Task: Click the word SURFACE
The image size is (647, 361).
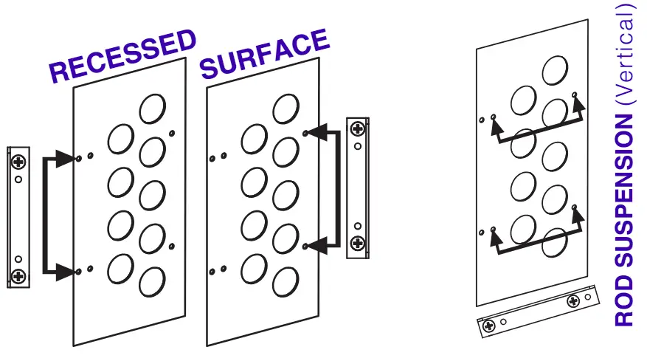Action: pyautogui.click(x=264, y=53)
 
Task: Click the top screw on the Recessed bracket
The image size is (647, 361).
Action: pyautogui.click(x=18, y=161)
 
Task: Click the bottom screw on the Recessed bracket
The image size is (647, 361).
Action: pyautogui.click(x=18, y=277)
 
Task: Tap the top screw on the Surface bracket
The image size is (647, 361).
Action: pyautogui.click(x=358, y=129)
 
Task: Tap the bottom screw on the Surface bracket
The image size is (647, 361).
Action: pyautogui.click(x=358, y=243)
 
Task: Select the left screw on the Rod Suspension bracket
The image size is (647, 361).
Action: pyautogui.click(x=488, y=325)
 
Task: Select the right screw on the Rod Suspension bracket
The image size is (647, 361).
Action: pyautogui.click(x=573, y=300)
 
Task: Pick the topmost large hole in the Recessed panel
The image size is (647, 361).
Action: pyautogui.click(x=152, y=109)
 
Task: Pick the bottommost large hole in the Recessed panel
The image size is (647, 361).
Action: pyautogui.click(x=152, y=281)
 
